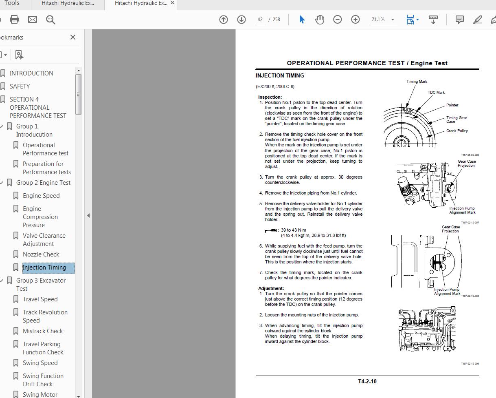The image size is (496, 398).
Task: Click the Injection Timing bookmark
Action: coord(44,268)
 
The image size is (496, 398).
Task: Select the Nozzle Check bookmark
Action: coord(41,254)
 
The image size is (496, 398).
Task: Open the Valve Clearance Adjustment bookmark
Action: coord(44,240)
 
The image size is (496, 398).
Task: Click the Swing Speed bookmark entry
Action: coord(40,363)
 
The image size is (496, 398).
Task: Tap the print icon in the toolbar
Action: coord(14,20)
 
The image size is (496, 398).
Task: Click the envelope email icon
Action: coord(33,20)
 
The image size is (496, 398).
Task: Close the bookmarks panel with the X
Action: coord(73,37)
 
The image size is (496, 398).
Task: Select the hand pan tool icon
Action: coord(320,20)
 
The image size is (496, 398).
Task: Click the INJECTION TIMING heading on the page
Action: coord(280,75)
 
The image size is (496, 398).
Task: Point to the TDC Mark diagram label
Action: coord(436,93)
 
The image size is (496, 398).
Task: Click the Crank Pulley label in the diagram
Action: coord(457,131)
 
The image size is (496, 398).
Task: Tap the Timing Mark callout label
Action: coord(417,82)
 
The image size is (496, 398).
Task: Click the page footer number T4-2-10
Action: coord(367,382)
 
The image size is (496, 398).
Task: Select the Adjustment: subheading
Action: coord(271,288)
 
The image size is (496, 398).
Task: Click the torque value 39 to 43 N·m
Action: coord(293,230)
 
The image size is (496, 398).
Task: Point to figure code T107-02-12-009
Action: coord(470,364)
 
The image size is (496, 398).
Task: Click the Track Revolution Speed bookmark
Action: coord(45,316)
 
